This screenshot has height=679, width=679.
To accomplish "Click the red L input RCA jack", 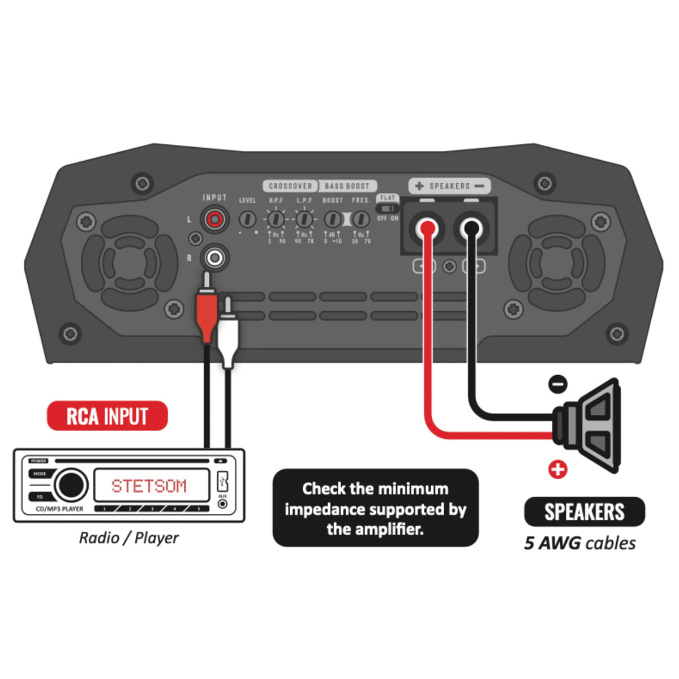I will coord(215,219).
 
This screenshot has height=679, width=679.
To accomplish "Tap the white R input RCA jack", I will coord(215,258).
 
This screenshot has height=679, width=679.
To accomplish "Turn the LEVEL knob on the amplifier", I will coord(247,218).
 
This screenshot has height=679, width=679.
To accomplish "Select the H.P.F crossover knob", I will coord(276,218).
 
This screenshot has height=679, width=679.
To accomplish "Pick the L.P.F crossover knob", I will coord(304,218).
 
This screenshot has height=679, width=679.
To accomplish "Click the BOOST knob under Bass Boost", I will coord(333,219).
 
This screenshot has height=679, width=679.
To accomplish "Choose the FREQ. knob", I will coord(360,219).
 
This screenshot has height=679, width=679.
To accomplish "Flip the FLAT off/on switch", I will coord(388,208).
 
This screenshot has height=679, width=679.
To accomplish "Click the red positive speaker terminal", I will coord(427,229).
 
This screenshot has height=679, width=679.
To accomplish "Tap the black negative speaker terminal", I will coord(471,229).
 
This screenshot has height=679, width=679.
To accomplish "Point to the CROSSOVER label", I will coord(290,186).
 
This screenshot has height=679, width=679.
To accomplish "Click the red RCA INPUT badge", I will coord(107,416).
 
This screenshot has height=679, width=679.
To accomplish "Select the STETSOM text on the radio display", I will coord(149,486).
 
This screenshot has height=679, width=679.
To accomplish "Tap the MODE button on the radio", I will coord(39,474).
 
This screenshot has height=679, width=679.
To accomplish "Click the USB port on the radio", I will coord(222,482).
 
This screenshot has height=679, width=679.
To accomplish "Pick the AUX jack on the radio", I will coord(222,503).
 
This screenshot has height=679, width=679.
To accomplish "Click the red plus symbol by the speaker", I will coord(557,469).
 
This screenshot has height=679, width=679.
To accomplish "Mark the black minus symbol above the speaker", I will coord(558,384).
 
